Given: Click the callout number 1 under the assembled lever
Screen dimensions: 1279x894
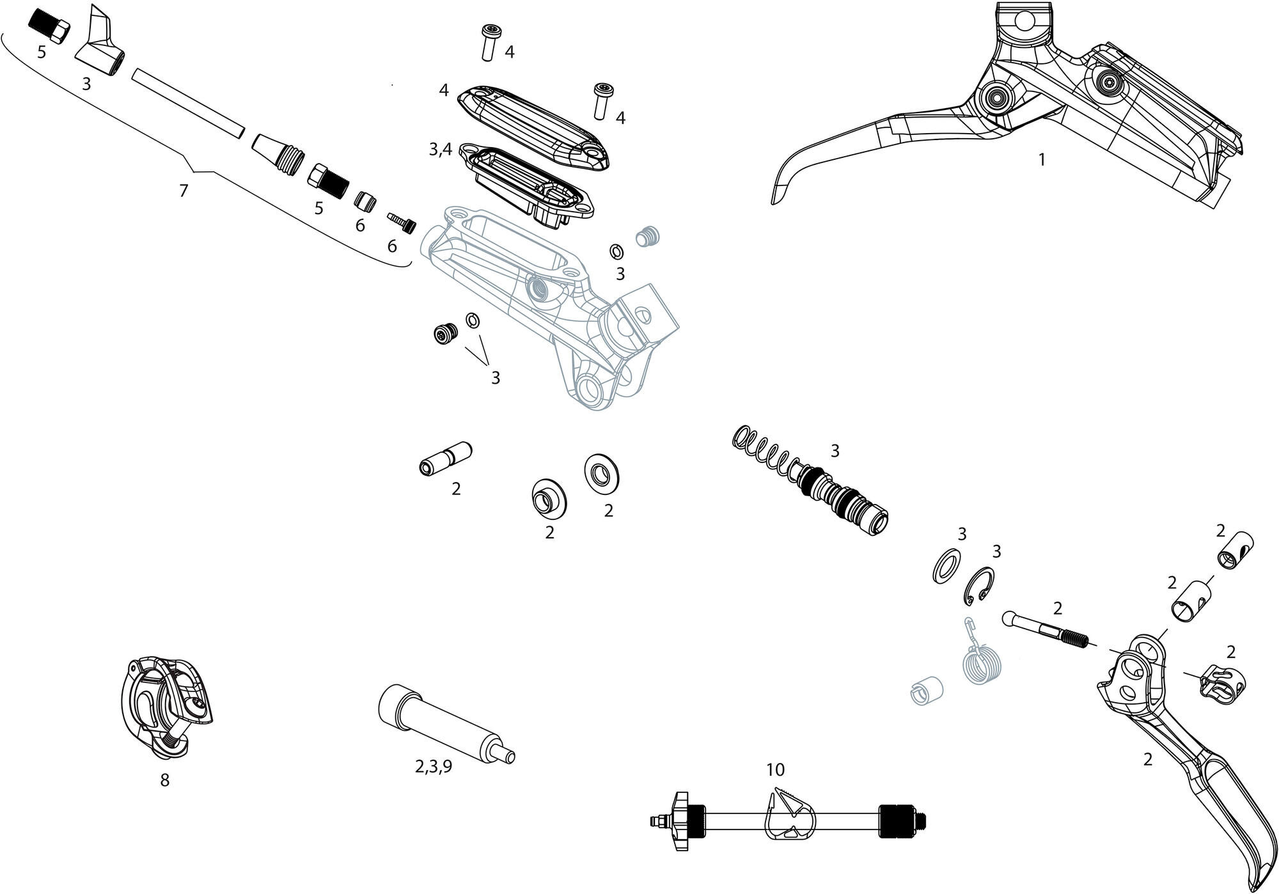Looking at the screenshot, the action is click(1042, 160).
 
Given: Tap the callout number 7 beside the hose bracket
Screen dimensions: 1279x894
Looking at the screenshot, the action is click(184, 191).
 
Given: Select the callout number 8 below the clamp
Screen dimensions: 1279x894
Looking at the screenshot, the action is click(165, 780).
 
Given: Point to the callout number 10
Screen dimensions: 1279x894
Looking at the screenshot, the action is click(775, 769).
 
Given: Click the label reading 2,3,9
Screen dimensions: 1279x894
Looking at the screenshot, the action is click(434, 767).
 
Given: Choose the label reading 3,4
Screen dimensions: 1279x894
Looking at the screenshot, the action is click(441, 150).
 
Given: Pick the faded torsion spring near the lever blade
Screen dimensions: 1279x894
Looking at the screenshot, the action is click(980, 660).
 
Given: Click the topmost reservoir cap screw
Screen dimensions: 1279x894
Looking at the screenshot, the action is click(490, 42).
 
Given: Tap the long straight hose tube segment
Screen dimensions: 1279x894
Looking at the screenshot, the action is click(188, 104).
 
